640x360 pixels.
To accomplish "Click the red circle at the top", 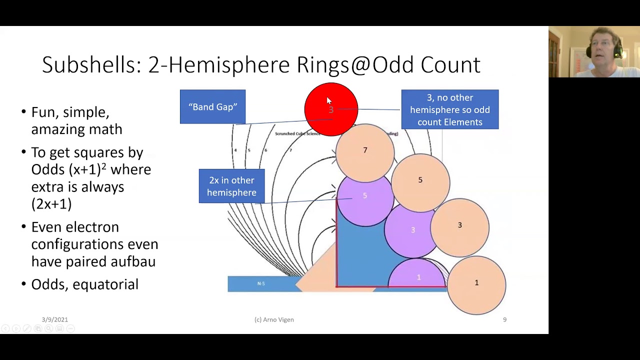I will point(331,109).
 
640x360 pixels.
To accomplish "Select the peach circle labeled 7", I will point(365,150).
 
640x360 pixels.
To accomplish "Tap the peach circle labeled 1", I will point(476,283).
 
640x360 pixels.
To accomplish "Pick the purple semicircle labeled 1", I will point(417,276).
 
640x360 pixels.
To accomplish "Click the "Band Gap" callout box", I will point(212,106).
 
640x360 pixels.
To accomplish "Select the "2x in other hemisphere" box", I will point(231,186).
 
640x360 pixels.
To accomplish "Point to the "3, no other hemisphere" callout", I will point(449,109).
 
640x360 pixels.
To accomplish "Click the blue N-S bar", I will point(261,283).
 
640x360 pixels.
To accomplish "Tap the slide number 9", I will point(504,319).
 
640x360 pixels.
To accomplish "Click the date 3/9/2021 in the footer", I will point(55,319).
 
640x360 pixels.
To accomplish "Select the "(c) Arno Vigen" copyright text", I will point(274,319).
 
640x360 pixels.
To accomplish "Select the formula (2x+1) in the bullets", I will point(51,204).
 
